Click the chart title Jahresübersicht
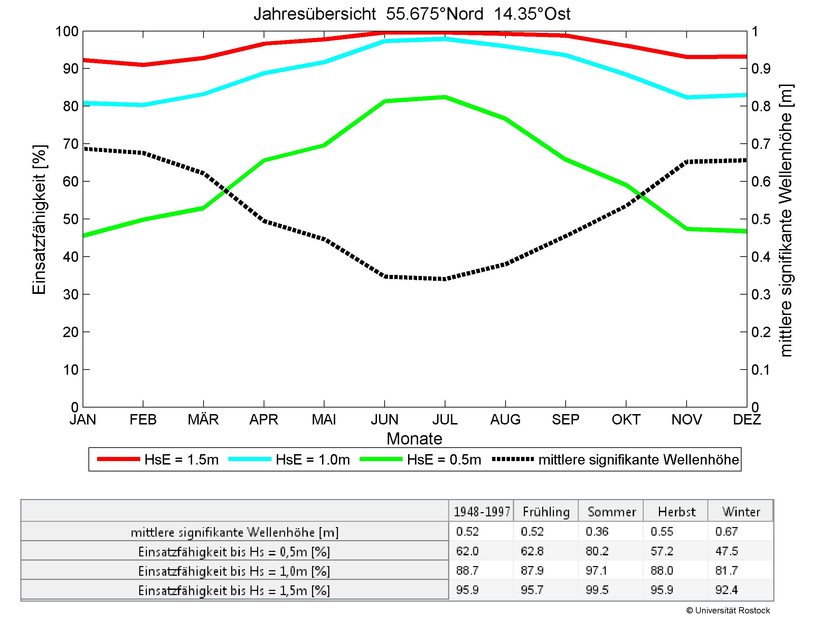[412, 14]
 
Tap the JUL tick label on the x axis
[445, 420]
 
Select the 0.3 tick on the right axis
[761, 295]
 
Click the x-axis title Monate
[414, 439]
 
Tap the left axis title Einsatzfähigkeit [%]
[39, 220]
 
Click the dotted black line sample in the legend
[512, 459]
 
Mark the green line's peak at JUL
[445, 97]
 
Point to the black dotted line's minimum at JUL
[445, 279]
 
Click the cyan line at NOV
[687, 97]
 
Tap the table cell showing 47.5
[726, 551]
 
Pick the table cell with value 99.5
[597, 590]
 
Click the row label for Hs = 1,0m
[234, 571]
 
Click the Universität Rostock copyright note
[728, 611]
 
